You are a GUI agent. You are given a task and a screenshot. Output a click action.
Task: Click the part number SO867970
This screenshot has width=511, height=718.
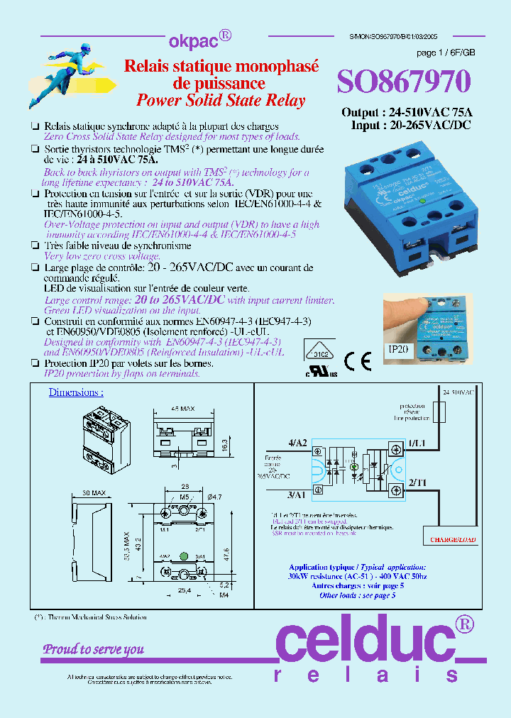(403, 83)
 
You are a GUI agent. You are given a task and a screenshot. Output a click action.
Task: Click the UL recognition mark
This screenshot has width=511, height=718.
(321, 372)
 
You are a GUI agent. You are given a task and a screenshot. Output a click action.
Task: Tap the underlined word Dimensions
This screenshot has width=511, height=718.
(75, 392)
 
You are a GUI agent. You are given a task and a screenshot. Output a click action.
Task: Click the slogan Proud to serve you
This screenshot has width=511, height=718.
(94, 648)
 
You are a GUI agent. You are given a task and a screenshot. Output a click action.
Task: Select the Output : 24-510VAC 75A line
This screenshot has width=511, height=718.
(407, 113)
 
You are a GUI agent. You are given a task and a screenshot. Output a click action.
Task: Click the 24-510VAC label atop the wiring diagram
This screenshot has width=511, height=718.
(459, 392)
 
